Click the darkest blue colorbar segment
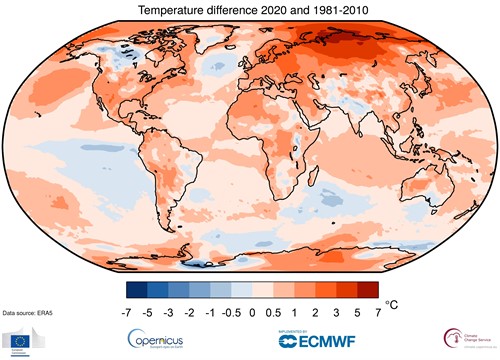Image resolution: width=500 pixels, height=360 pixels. [137, 290]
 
